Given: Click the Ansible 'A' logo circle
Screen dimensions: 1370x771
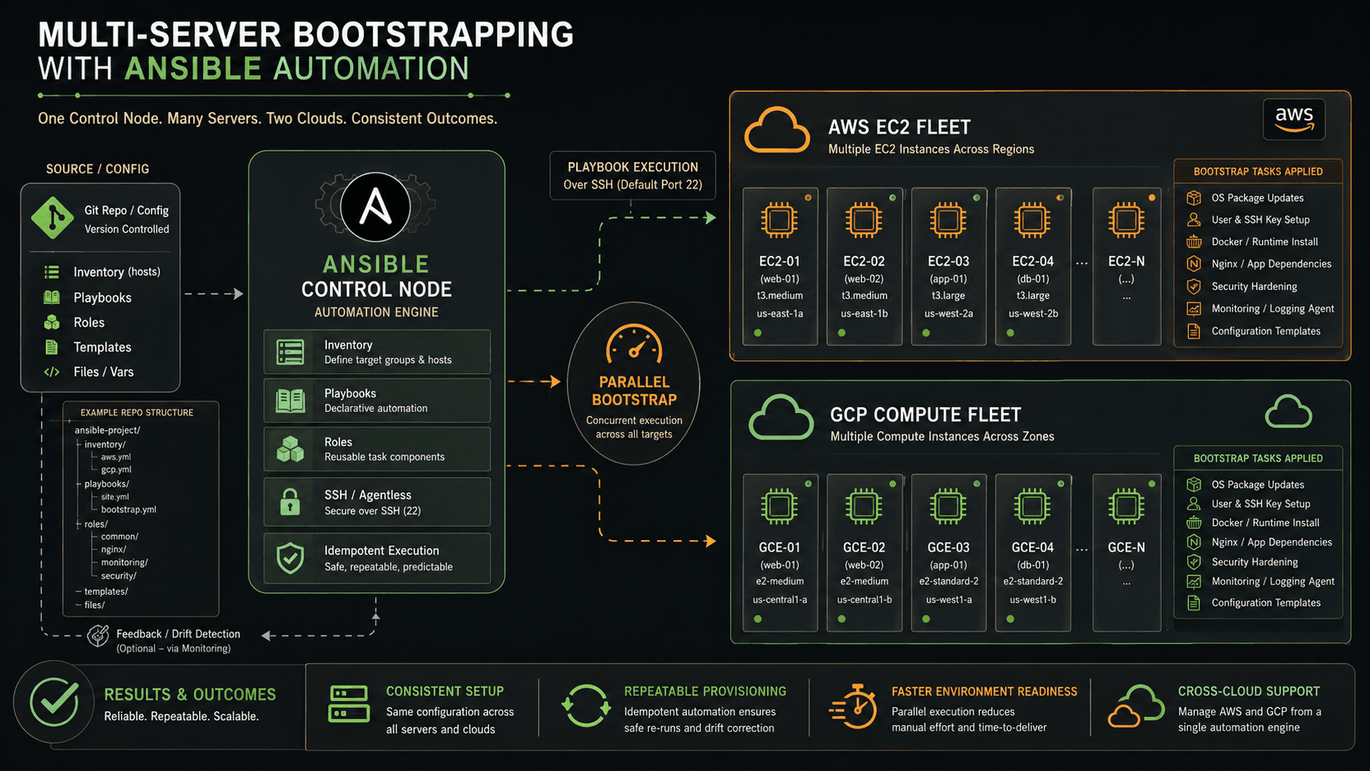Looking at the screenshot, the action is [375, 206].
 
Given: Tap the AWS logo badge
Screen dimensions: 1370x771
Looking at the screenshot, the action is [1294, 119].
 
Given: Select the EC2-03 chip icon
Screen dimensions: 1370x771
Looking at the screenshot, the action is [948, 220].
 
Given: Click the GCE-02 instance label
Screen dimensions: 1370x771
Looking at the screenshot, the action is [864, 547].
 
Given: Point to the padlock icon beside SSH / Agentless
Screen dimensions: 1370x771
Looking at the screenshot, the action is [290, 502].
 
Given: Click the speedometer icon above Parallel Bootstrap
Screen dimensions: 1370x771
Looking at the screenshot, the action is [633, 343].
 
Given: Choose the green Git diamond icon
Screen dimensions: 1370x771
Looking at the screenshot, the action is [52, 218].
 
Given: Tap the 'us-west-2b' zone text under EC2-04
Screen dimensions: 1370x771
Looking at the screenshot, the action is [1032, 314].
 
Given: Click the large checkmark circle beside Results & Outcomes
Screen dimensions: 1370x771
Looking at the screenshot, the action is [54, 703].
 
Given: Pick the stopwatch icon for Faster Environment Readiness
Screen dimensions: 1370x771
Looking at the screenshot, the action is [854, 706].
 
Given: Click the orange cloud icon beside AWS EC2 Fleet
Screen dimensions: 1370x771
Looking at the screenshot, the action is [777, 129].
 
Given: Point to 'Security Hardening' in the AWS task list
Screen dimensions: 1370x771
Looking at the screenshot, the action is [1254, 286].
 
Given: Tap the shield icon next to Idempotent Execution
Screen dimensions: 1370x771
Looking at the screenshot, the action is [290, 558].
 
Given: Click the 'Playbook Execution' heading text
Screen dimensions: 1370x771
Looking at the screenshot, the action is [633, 167].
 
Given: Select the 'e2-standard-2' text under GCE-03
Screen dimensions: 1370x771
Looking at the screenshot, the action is [948, 581].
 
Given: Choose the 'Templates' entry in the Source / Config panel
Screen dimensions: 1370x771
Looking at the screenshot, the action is [102, 347].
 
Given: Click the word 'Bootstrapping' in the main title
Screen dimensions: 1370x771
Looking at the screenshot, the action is [433, 35].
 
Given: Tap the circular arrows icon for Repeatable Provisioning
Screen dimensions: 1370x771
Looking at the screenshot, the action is [586, 705].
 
